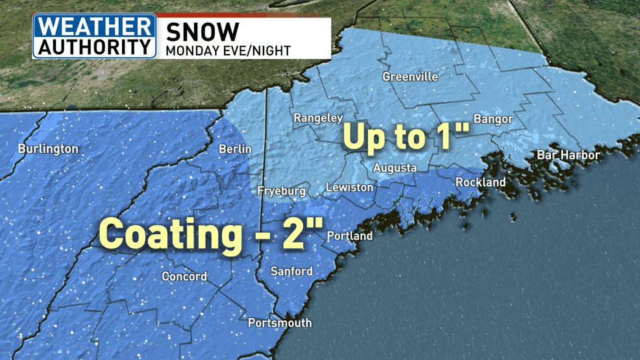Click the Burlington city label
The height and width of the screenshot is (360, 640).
tap(48, 149)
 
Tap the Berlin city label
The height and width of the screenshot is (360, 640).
tap(234, 149)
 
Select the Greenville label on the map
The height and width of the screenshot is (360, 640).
tap(410, 77)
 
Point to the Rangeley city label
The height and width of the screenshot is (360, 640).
tap(318, 118)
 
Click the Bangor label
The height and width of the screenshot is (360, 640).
tap(493, 119)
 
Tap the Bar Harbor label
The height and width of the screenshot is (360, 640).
tap(568, 155)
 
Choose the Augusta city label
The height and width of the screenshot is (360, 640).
tap(395, 168)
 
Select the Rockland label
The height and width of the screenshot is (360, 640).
tap(480, 182)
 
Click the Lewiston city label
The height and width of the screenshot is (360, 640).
tap(349, 187)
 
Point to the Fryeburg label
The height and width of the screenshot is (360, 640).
tap(281, 191)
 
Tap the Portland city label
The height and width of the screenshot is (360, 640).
tap(350, 235)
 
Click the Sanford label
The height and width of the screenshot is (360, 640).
tap(291, 271)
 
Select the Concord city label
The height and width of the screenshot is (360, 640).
tap(184, 276)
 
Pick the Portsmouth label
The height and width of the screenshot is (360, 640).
tap(280, 322)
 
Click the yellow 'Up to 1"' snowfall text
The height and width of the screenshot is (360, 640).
tap(406, 137)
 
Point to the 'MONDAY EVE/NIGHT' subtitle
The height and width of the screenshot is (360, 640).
tap(228, 50)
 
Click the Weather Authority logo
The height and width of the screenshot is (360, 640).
tap(95, 36)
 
